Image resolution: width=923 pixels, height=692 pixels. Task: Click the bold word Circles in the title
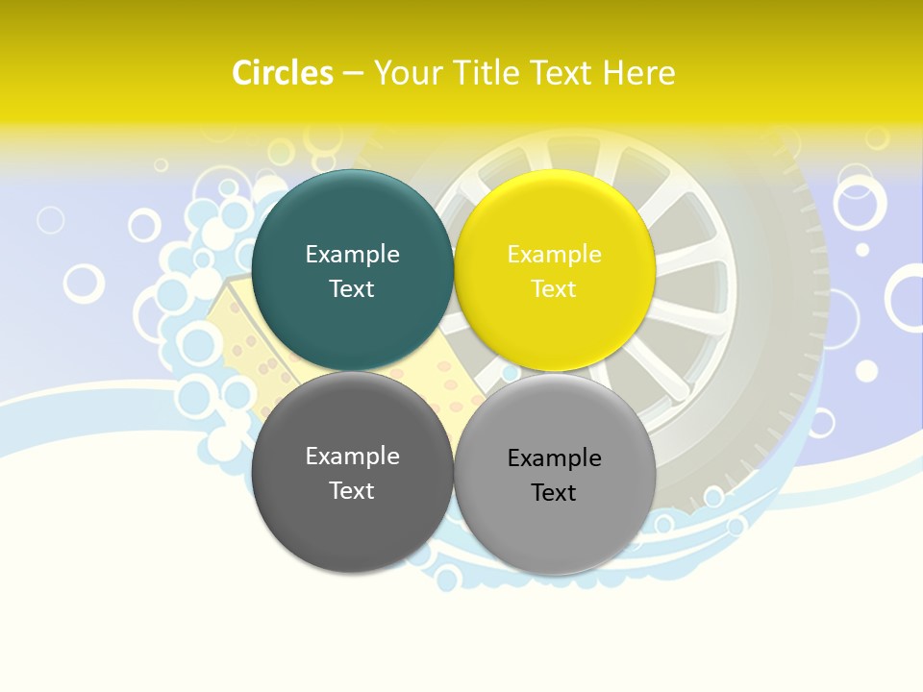tap(283, 73)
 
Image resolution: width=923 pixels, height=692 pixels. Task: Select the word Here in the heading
tap(639, 73)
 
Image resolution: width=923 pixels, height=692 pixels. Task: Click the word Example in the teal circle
tap(352, 255)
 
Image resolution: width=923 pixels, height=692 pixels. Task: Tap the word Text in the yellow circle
tap(554, 289)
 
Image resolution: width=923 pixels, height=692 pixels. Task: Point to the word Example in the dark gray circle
tap(352, 457)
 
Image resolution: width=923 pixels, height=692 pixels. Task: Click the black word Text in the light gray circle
tap(554, 493)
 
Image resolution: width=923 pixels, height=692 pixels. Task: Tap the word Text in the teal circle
tap(352, 289)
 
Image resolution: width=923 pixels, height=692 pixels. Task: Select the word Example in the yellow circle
tap(554, 255)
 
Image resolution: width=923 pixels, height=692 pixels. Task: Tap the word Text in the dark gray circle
tap(352, 491)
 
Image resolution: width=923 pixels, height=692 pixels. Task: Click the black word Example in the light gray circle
tap(554, 458)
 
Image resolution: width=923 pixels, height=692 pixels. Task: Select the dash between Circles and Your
tap(353, 74)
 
